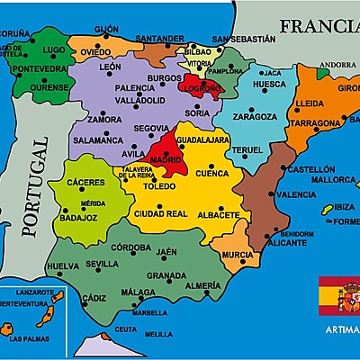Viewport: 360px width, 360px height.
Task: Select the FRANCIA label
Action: [x=319, y=26]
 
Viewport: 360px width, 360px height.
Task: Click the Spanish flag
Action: [x=339, y=294]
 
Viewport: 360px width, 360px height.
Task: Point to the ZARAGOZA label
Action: [x=254, y=117]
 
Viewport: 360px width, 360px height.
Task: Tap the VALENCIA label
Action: [x=296, y=194]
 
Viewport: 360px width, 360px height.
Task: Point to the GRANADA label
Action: [x=166, y=275]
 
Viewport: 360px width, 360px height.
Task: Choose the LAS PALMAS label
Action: [x=30, y=339]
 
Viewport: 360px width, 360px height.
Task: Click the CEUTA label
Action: [x=126, y=329]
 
